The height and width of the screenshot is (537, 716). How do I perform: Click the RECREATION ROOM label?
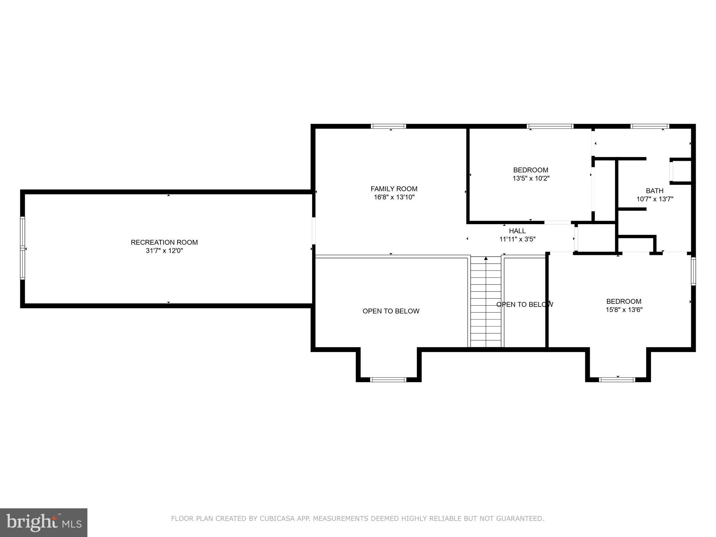point(164,242)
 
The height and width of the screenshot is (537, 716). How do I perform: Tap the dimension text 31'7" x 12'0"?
point(164,251)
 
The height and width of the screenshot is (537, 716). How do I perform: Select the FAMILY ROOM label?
point(394,189)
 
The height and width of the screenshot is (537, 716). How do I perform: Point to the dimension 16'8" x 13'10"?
point(394,197)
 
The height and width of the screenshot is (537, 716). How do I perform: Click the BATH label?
point(654,191)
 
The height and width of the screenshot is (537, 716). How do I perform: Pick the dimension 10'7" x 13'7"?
point(654,199)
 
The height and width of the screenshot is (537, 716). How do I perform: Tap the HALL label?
point(517,231)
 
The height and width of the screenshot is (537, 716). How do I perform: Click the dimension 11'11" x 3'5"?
point(517,239)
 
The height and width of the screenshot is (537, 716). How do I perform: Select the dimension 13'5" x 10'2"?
point(531,178)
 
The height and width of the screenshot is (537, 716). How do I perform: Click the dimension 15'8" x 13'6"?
point(624,310)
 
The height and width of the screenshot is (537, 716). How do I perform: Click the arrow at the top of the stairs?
point(486,259)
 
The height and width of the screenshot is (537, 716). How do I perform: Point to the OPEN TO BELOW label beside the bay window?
point(391,311)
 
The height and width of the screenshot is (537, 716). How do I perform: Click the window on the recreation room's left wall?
point(23,248)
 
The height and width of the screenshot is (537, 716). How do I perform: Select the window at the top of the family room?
point(388,127)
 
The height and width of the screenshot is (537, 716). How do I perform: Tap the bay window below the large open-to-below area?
point(388,379)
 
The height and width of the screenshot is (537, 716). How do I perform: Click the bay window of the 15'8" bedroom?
point(617,379)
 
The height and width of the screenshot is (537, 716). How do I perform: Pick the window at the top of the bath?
point(650,127)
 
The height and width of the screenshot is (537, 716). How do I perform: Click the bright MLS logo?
point(44,522)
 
